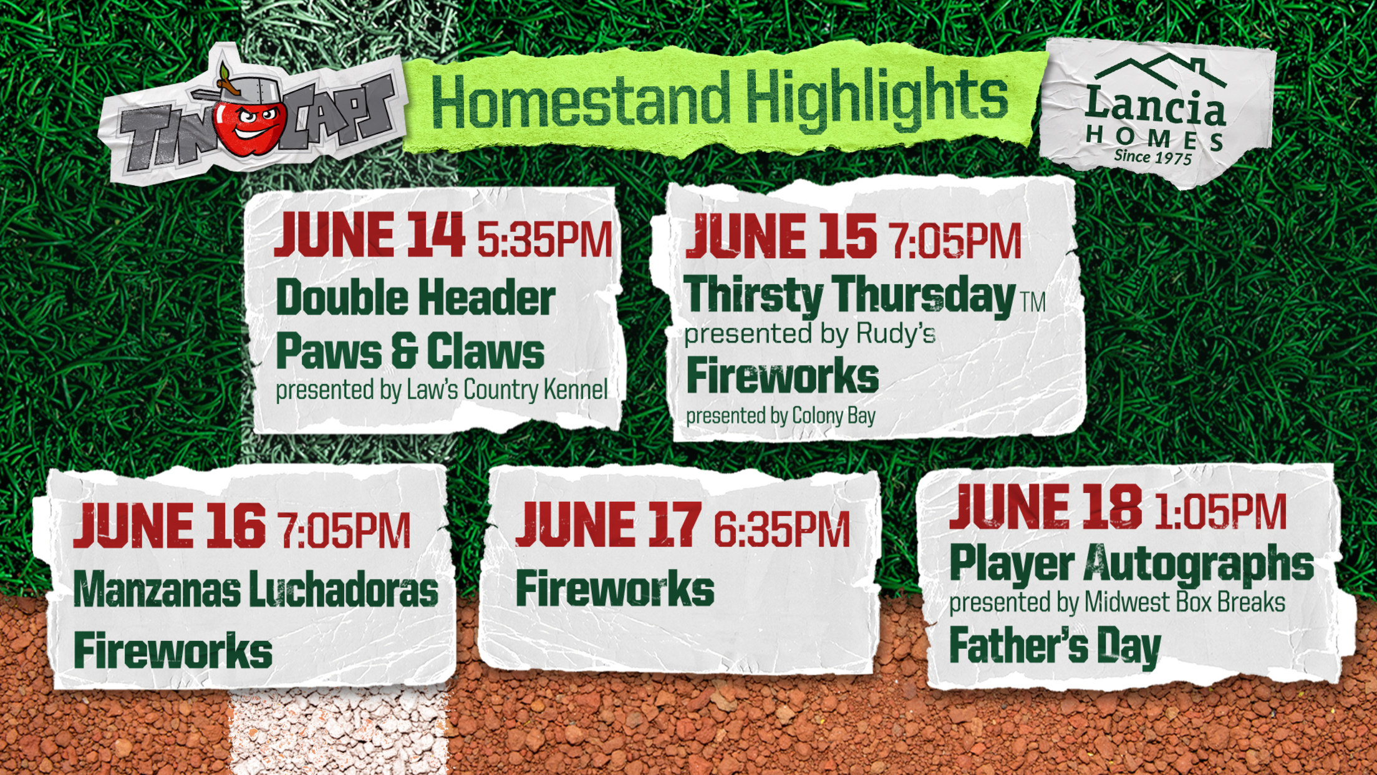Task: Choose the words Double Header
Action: [x=415, y=298]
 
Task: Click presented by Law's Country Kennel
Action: [x=442, y=391]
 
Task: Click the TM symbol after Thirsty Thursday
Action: [x=1033, y=303]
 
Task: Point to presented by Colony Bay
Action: [x=781, y=416]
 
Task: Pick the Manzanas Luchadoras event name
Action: [x=256, y=590]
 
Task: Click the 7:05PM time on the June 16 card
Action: [x=344, y=531]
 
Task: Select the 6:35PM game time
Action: [x=781, y=530]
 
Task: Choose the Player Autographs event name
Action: [x=1131, y=565]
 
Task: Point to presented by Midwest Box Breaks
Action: [x=1117, y=603]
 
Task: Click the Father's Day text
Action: [x=1055, y=646]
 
